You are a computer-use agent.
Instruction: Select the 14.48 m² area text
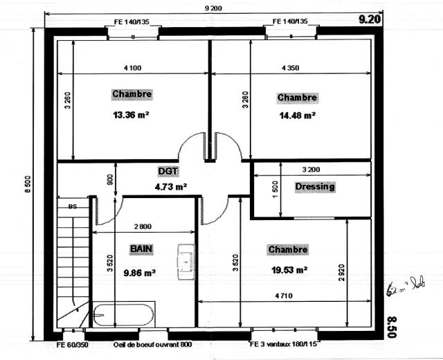[297, 116]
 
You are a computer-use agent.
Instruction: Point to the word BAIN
[141, 247]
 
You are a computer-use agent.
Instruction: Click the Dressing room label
[314, 186]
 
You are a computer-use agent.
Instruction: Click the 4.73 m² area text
[170, 186]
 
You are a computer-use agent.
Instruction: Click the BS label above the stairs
[72, 206]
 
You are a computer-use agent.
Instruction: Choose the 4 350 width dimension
[291, 68]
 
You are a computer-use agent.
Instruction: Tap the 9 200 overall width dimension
[213, 8]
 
